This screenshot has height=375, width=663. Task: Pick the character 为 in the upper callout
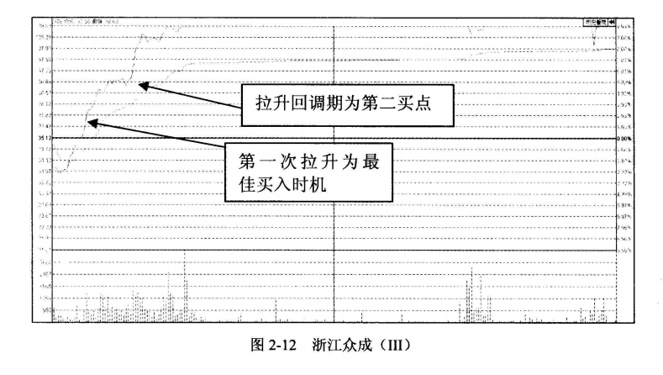358,104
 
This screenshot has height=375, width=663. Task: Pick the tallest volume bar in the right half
471,293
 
